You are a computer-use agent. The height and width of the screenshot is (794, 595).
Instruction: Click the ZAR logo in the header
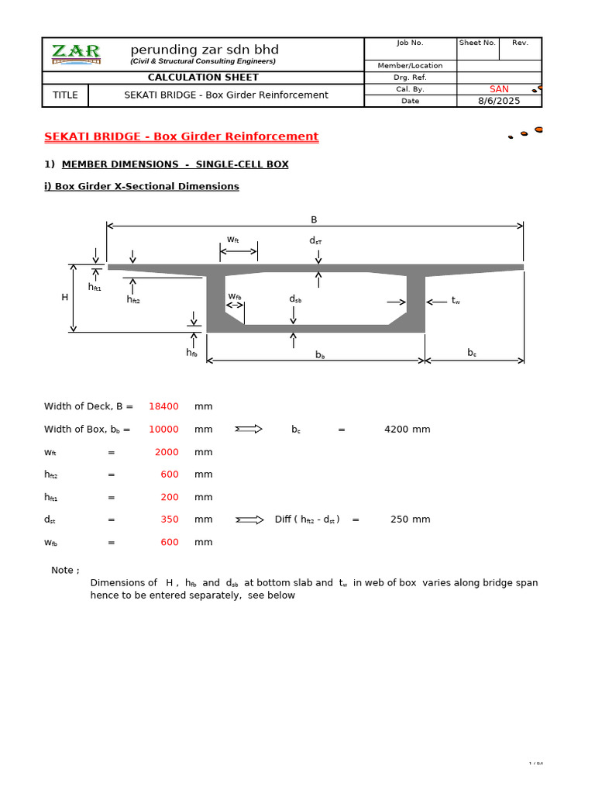click(76, 54)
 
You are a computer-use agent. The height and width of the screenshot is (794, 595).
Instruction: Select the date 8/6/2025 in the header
click(499, 101)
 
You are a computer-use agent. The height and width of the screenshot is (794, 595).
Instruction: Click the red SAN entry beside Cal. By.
click(499, 89)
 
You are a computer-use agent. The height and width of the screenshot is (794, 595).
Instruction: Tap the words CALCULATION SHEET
click(203, 78)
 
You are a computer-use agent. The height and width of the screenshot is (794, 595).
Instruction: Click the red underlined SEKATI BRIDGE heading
click(181, 136)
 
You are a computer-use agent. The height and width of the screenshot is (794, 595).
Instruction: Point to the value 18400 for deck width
click(163, 406)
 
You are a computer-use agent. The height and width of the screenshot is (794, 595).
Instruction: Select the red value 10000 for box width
click(163, 429)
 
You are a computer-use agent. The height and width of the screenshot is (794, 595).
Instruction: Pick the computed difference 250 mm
click(410, 520)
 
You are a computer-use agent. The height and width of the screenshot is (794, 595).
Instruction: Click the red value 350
click(170, 520)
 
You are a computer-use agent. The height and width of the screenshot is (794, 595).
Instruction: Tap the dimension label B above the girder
click(314, 219)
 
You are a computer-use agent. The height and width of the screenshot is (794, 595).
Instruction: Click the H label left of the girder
click(65, 297)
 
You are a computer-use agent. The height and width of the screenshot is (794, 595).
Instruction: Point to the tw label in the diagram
click(456, 300)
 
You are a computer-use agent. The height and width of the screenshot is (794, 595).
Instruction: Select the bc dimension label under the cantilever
click(472, 353)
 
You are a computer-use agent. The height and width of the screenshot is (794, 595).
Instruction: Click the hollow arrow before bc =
click(249, 429)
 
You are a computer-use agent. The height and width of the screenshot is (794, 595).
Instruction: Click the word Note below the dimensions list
click(64, 570)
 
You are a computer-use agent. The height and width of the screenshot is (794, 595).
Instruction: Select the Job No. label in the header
click(410, 43)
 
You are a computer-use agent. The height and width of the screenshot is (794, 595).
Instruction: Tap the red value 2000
click(167, 452)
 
